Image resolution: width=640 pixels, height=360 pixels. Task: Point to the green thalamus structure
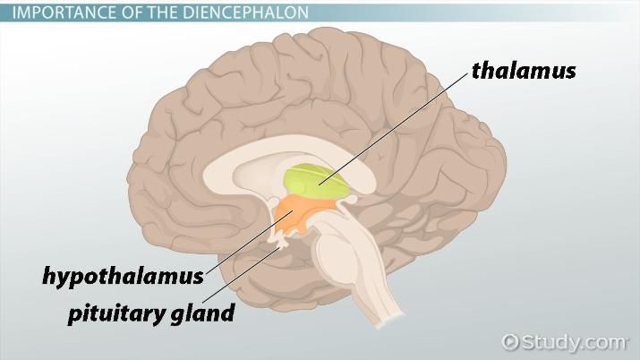pos(315,184)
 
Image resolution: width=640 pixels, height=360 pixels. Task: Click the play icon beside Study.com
pos(511,342)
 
